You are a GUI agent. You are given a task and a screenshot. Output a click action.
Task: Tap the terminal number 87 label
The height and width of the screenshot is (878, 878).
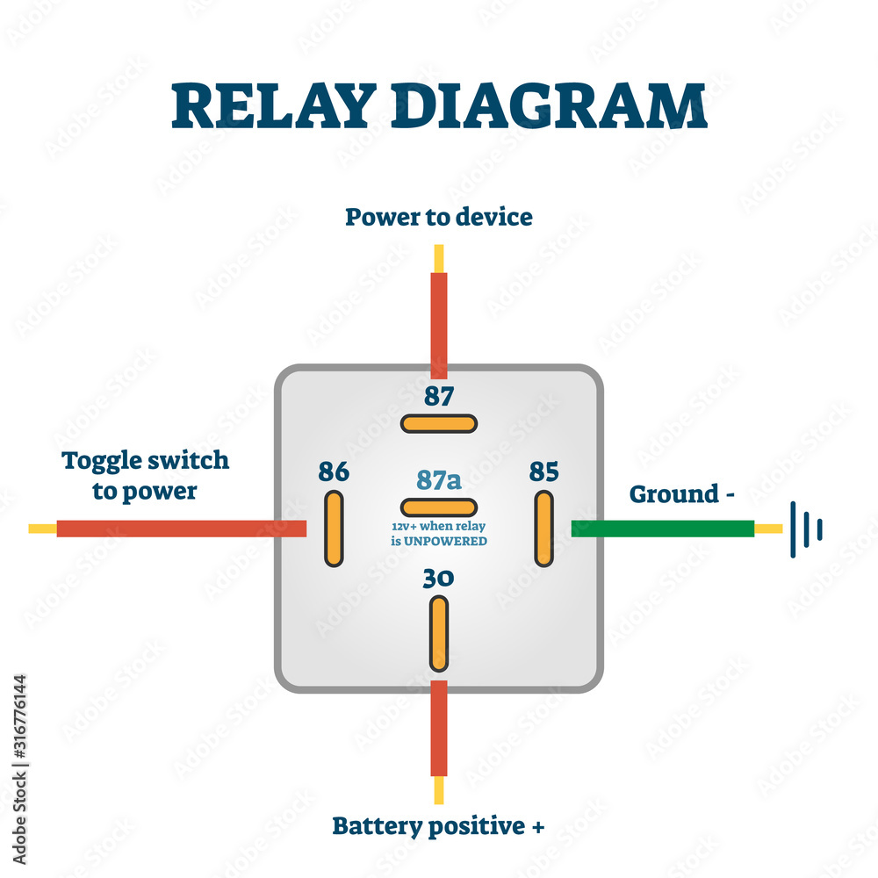(439, 397)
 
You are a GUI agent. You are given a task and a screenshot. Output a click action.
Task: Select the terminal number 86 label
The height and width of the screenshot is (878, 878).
(334, 472)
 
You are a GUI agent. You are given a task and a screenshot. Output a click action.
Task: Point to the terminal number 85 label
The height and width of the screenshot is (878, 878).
(543, 472)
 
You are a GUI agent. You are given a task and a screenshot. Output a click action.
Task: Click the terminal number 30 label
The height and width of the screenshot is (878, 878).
(439, 579)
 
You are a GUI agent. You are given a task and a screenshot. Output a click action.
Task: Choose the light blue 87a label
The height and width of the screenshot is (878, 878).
(439, 479)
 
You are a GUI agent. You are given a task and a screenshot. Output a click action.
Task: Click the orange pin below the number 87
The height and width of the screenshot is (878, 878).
(439, 423)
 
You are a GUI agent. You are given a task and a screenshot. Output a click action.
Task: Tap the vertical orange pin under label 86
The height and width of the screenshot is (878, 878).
(334, 529)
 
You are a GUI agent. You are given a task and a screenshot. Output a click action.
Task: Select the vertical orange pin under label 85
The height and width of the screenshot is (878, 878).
(544, 529)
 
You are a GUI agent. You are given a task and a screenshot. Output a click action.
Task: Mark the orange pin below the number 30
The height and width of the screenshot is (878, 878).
(439, 633)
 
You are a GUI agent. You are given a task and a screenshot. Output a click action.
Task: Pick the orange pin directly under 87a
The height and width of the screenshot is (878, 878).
(439, 507)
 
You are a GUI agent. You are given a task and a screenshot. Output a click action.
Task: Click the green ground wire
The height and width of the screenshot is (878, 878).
(662, 529)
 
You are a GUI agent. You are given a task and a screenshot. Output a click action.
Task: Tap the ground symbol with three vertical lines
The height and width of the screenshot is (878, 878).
(806, 529)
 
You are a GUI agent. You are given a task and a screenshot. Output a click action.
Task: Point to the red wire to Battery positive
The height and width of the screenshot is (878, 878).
(439, 729)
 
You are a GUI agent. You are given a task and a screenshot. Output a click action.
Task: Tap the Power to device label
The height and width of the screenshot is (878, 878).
(439, 217)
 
